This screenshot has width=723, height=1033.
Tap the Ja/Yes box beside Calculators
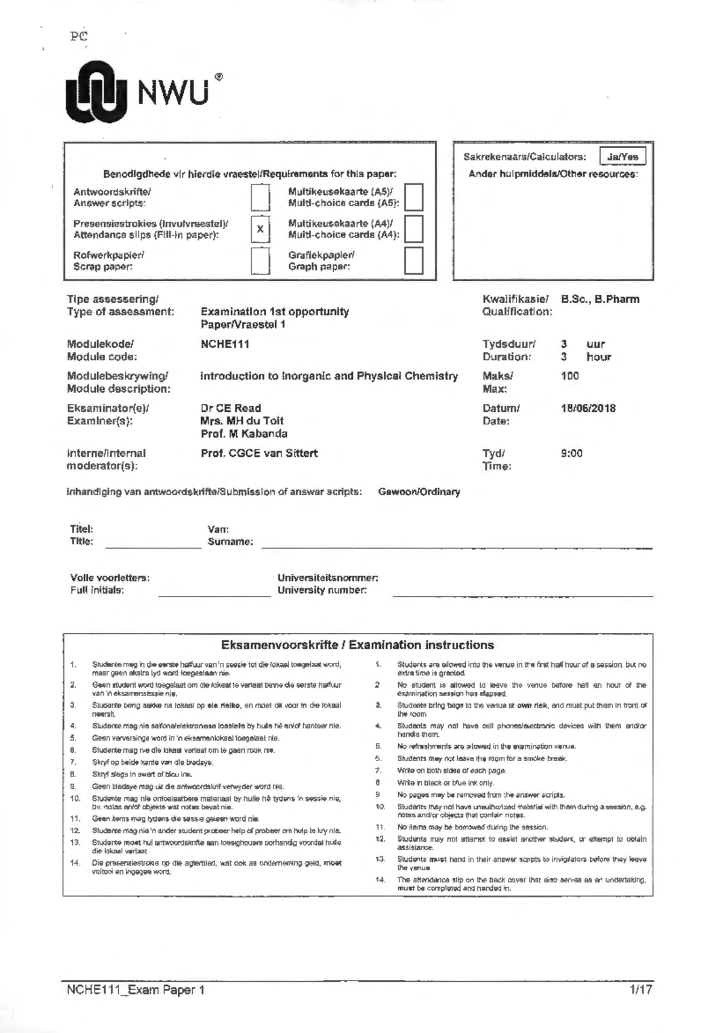coord(622,157)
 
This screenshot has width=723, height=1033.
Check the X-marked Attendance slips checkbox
coord(260,229)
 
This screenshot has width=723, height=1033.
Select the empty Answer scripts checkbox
coord(260,197)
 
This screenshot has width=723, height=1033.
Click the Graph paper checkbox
coord(413,260)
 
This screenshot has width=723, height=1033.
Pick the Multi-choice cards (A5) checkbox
coord(413,197)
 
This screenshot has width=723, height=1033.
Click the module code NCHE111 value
coord(225,344)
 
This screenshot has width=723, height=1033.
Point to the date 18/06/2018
coord(588,408)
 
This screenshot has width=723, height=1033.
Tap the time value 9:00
coord(571,453)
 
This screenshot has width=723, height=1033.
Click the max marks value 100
coord(569,376)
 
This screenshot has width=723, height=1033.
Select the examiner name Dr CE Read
coord(231,408)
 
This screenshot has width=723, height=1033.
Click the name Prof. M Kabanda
coord(244,433)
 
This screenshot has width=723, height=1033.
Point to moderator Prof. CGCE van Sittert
coord(259,453)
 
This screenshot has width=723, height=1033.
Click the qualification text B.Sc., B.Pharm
coord(600,299)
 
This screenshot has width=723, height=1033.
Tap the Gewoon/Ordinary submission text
coord(419,492)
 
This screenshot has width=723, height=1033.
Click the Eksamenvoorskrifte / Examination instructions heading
coord(357,645)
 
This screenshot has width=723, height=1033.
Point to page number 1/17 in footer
coord(640,990)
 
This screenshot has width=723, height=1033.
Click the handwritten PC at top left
coord(78,36)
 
